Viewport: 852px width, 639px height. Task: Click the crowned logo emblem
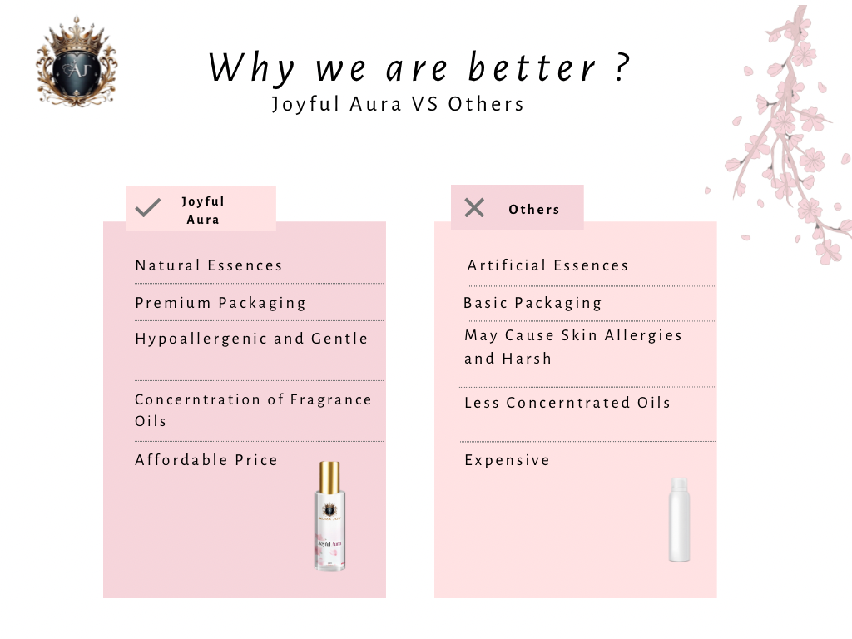pyautogui.click(x=77, y=62)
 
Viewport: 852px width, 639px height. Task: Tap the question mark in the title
pyautogui.click(x=622, y=67)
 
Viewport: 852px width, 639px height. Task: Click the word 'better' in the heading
pyautogui.click(x=532, y=67)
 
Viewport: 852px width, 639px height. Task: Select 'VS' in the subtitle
pyautogui.click(x=424, y=104)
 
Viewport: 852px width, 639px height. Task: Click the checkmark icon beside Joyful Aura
pyautogui.click(x=148, y=207)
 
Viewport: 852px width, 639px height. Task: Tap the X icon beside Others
pyautogui.click(x=474, y=207)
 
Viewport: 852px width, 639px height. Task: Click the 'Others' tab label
pyautogui.click(x=533, y=209)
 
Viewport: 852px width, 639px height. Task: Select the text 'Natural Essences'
pyautogui.click(x=209, y=265)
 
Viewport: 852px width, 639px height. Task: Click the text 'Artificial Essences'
pyautogui.click(x=547, y=265)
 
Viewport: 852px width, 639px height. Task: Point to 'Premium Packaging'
pyautogui.click(x=220, y=303)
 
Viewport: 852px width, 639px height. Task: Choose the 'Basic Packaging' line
pyautogui.click(x=532, y=303)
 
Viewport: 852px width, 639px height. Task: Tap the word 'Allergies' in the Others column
pyautogui.click(x=643, y=336)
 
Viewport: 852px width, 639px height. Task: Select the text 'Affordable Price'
pyautogui.click(x=206, y=460)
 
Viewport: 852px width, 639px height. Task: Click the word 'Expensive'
pyautogui.click(x=507, y=461)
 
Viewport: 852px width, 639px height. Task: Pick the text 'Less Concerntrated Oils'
pyautogui.click(x=567, y=403)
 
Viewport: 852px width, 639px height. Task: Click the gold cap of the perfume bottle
pyautogui.click(x=329, y=477)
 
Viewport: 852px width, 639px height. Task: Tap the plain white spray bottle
pyautogui.click(x=679, y=519)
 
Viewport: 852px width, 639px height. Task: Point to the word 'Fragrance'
pyautogui.click(x=330, y=400)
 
